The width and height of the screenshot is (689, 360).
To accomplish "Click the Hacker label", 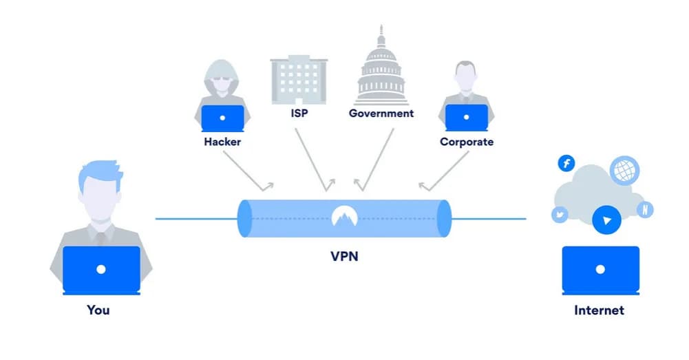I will [x=222, y=142].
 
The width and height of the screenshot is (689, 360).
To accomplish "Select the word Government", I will [x=381, y=113].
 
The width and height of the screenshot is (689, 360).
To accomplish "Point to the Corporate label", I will [x=467, y=142].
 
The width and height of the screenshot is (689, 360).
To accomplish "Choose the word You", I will [x=98, y=310].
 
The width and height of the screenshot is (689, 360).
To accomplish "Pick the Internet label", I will [x=599, y=310].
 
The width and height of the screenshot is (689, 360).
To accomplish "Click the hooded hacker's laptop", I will [x=222, y=118].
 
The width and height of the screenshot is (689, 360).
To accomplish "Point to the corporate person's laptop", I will [x=466, y=118].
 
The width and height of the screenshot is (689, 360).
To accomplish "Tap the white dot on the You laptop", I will [x=101, y=269].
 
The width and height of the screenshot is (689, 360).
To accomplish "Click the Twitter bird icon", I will [x=560, y=215].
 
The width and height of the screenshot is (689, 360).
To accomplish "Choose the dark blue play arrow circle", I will [x=606, y=220].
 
